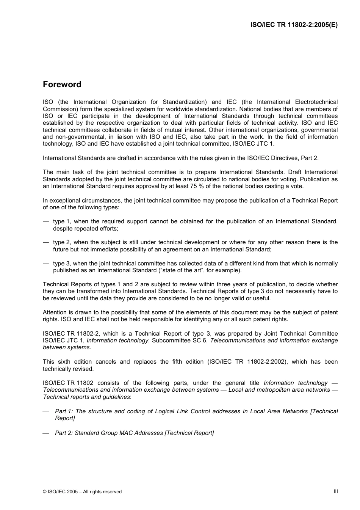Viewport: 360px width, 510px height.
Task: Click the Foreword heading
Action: [x=62, y=85]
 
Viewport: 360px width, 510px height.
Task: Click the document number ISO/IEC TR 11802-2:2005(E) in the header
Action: [x=294, y=25]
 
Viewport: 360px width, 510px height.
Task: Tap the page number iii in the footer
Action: [x=336, y=491]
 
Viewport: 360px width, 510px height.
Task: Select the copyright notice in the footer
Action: [x=82, y=492]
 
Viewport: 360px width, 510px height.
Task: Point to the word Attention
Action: [x=55, y=312]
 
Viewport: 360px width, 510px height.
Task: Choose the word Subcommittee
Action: [x=169, y=341]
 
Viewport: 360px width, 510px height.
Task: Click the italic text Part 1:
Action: [x=64, y=411]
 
